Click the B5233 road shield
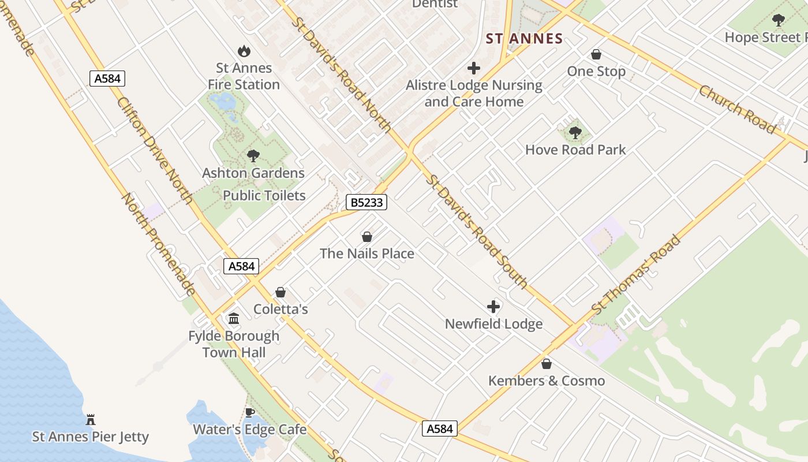(x=366, y=202)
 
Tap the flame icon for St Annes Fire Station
(x=244, y=51)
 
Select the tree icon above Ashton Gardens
(x=253, y=155)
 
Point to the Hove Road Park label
(x=575, y=150)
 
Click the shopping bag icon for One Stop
(x=596, y=54)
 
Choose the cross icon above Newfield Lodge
(x=493, y=306)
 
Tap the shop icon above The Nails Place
(x=366, y=236)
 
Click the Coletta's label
(x=280, y=310)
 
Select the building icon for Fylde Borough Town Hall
(x=234, y=318)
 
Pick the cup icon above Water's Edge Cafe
(x=249, y=412)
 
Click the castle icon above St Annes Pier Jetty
(x=91, y=419)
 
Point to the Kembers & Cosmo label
(x=547, y=381)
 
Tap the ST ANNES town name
(x=524, y=39)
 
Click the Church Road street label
(x=737, y=109)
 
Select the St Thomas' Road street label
(x=637, y=275)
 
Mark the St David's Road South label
(x=477, y=231)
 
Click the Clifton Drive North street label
(x=155, y=150)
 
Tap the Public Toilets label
(x=264, y=195)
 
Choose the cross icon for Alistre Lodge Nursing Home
(x=474, y=68)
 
